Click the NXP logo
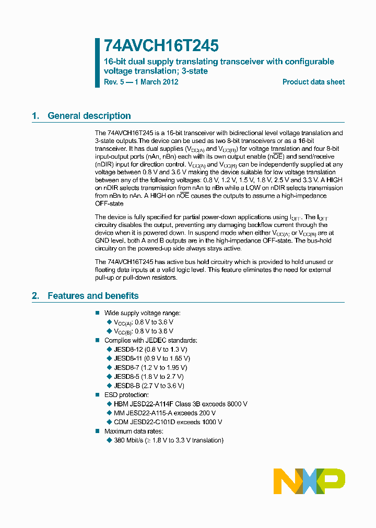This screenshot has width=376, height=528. [309, 481]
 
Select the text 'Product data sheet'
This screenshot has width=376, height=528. [313, 82]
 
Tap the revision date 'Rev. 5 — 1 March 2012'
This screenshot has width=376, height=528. [141, 82]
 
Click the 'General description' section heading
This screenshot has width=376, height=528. [89, 116]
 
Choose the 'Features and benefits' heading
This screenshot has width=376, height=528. [93, 296]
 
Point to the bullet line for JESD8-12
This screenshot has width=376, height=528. [150, 349]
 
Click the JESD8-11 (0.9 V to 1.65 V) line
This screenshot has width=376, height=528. [151, 358]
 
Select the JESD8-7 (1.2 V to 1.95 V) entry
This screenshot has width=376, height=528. [150, 367]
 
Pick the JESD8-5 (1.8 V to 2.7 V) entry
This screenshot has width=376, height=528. [148, 376]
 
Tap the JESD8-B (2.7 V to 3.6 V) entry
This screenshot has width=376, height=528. [149, 386]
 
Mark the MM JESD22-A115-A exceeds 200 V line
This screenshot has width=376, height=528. [164, 413]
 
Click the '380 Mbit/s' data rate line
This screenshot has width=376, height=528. [168, 440]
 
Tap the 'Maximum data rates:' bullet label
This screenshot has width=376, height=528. [134, 431]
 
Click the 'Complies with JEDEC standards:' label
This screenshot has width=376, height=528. [150, 340]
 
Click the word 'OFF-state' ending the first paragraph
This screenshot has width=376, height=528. [109, 203]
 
